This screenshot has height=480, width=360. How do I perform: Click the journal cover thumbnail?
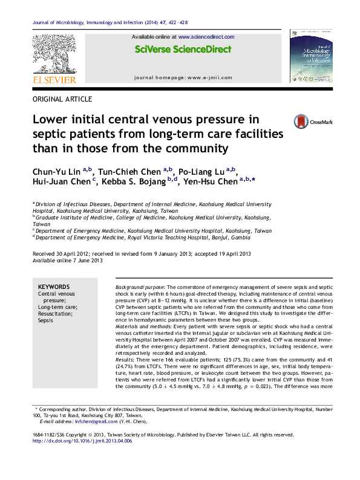click(x=311, y=55)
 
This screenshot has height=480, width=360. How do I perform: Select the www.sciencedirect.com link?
click(x=206, y=37)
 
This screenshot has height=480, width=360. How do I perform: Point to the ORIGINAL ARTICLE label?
click(x=62, y=99)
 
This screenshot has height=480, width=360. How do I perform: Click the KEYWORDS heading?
click(x=54, y=287)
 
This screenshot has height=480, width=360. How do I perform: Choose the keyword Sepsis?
click(x=45, y=320)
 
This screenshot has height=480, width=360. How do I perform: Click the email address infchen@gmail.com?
click(x=85, y=421)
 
